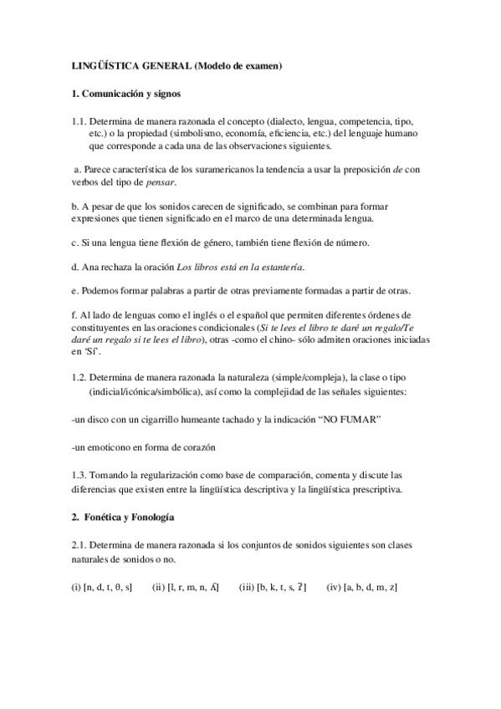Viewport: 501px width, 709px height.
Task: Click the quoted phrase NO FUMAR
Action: point(349,417)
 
